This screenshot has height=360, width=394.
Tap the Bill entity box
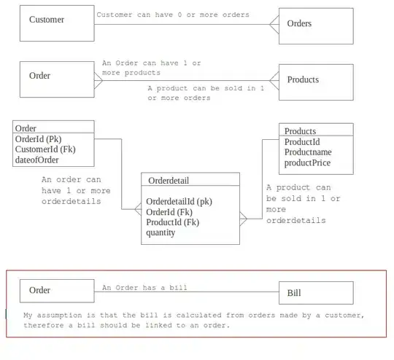click(316, 292)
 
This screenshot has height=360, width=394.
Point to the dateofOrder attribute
click(36, 160)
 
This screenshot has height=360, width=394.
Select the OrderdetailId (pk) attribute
click(179, 201)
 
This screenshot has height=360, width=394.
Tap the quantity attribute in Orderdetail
click(161, 232)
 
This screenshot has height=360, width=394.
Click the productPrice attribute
click(307, 163)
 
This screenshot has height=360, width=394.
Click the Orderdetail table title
click(169, 180)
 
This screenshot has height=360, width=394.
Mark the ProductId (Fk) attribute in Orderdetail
click(173, 222)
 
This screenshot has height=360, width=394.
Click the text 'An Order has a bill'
click(144, 287)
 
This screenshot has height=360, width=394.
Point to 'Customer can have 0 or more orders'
click(172, 15)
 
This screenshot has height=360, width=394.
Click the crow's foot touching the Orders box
click(274, 25)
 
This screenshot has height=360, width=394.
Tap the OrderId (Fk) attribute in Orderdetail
click(171, 212)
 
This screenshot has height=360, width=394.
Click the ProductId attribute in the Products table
click(303, 142)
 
